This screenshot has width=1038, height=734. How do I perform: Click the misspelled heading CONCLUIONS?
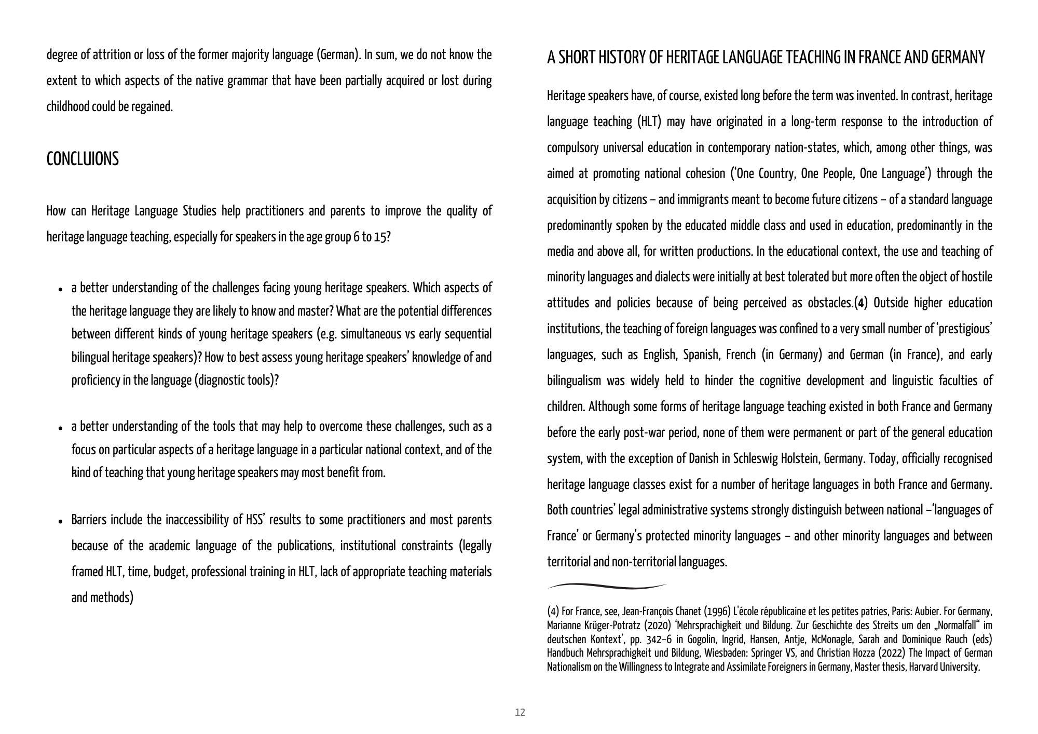point(83,159)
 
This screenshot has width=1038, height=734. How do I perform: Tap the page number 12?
point(520,712)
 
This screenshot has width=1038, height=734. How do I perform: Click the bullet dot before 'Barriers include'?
point(61,521)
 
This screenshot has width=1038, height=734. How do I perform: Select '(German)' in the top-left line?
point(338,55)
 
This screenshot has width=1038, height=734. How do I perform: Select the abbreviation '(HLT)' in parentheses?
point(649,122)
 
